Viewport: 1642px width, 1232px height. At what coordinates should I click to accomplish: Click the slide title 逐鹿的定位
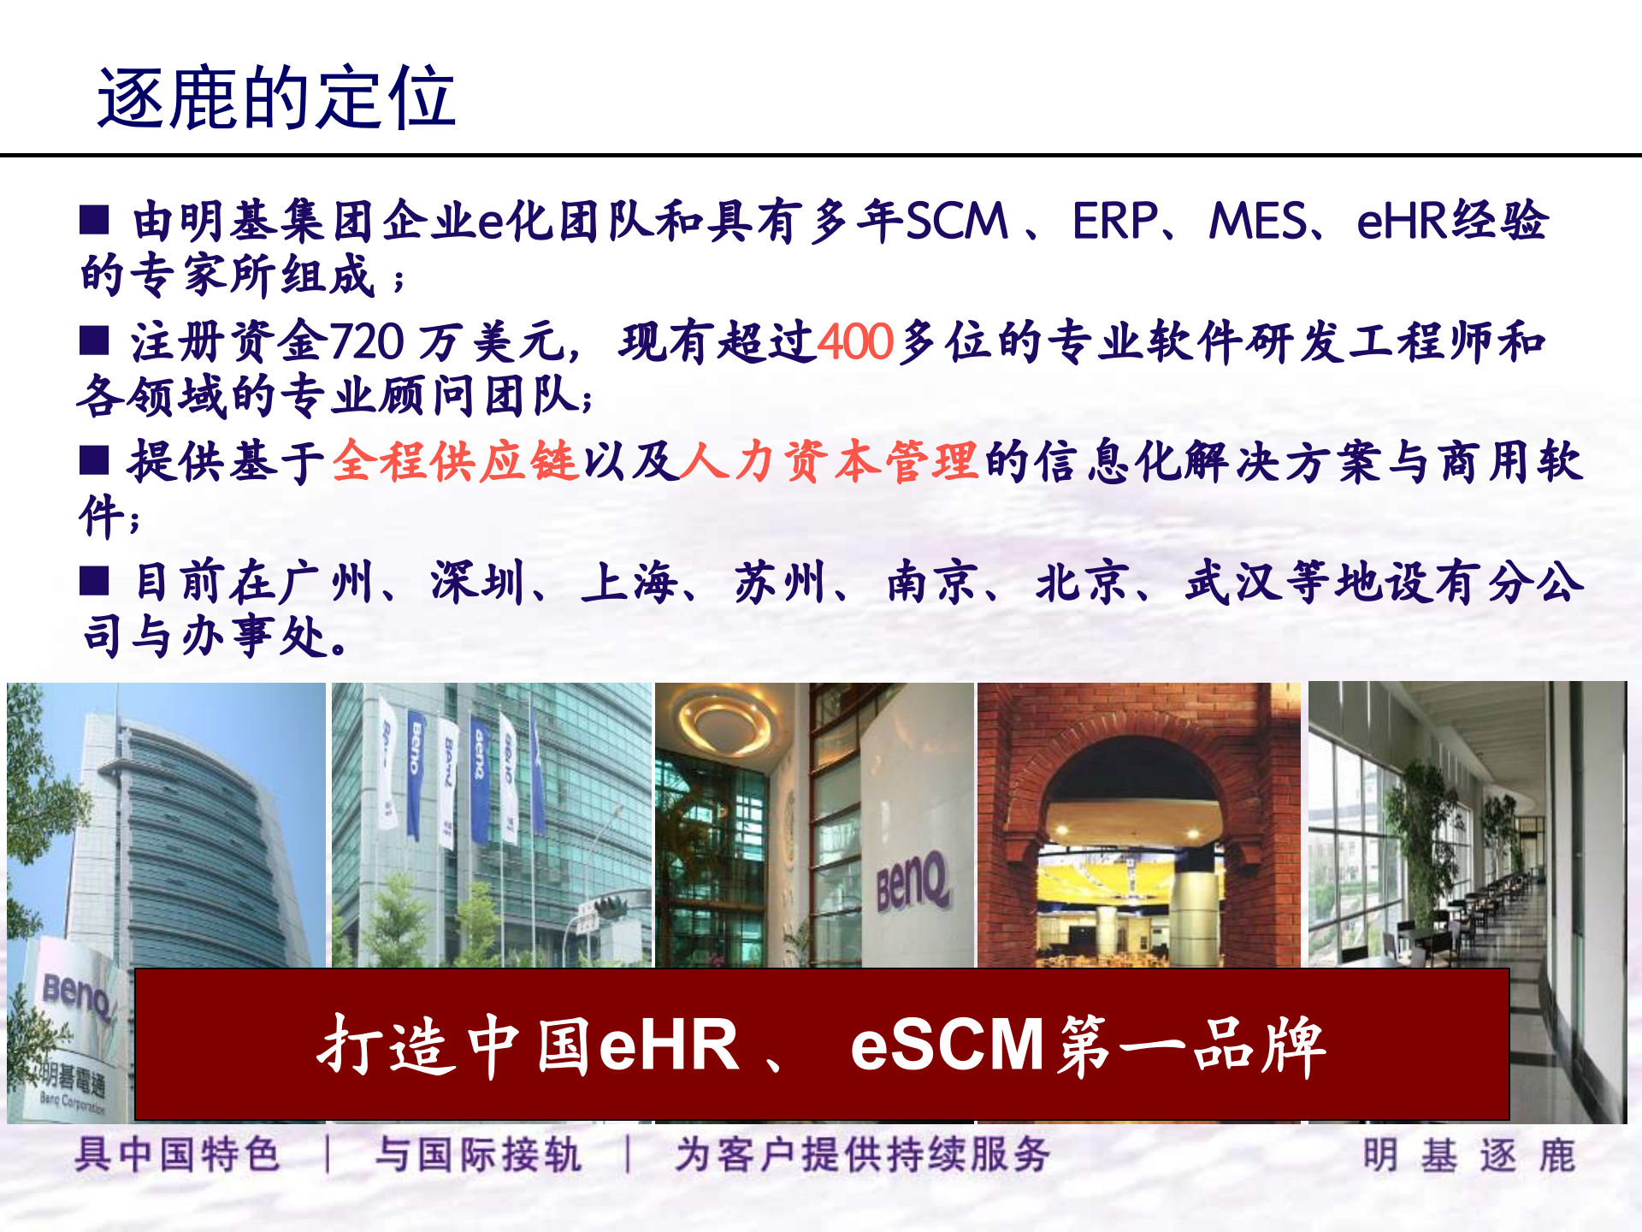275,98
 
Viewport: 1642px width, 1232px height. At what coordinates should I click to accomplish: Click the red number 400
855,341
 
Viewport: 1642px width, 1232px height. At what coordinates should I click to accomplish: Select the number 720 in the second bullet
366,341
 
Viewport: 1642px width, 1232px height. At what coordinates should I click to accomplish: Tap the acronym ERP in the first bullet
1114,221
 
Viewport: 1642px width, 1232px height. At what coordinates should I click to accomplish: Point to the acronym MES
1257,221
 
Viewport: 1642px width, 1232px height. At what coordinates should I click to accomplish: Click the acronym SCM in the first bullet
956,221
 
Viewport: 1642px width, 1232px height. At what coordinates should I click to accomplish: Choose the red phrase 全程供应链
456,462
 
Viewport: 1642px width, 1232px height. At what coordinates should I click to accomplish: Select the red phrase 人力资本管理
829,462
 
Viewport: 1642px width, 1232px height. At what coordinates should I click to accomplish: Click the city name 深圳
476,583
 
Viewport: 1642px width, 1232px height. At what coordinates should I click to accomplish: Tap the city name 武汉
1231,583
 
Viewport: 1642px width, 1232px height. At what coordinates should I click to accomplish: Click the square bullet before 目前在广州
94,581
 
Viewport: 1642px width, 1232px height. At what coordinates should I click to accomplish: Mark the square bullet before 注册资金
94,340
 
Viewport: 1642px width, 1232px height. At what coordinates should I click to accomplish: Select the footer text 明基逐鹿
1468,1155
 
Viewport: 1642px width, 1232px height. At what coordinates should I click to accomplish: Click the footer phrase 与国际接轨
478,1155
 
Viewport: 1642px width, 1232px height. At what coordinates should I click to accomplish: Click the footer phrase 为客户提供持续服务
862,1155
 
